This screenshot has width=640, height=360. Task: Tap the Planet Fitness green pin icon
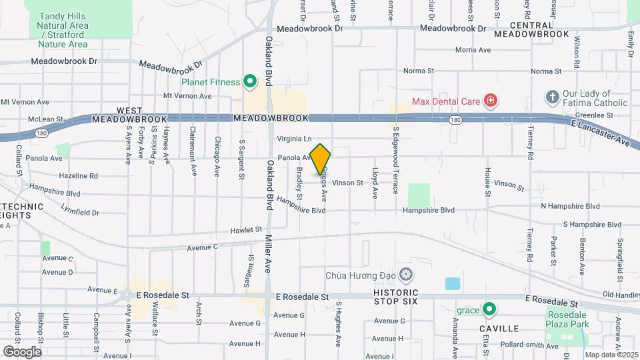[251, 83]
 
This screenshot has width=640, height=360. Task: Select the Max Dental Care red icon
[491, 101]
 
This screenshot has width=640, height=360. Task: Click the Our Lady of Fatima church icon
[551, 97]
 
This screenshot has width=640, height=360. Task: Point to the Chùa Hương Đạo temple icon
[406, 275]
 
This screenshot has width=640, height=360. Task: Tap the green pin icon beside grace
[489, 310]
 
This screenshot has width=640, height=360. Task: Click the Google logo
[22, 351]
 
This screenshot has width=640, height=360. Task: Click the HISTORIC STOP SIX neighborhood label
[386, 297]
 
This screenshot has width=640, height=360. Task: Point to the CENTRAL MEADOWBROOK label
[532, 29]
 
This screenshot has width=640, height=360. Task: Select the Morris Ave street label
[473, 50]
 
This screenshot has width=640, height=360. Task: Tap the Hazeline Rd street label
[78, 176]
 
